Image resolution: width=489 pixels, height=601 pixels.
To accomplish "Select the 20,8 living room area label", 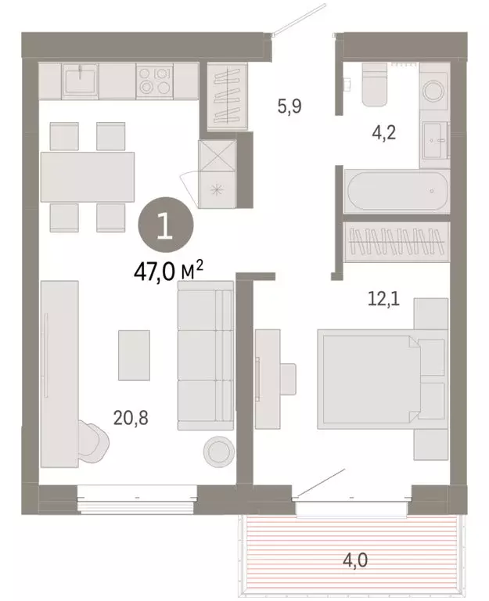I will [x=131, y=419].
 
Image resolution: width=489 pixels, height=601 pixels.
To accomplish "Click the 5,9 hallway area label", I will [x=290, y=107].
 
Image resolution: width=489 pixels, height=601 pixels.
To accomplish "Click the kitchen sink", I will [x=80, y=80].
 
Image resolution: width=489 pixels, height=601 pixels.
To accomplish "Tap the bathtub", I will [x=396, y=190].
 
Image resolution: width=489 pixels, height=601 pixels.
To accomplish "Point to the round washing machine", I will [x=434, y=92].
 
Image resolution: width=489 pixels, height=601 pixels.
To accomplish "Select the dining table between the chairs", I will [x=87, y=176].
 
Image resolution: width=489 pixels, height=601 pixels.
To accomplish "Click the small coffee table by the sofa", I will [x=134, y=354].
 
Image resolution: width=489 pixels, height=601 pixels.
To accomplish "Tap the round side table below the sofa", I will [x=218, y=450].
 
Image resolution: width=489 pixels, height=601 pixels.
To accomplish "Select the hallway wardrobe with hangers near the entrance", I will [x=227, y=95].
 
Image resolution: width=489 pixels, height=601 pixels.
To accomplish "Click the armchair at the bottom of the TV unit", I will [x=93, y=440].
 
